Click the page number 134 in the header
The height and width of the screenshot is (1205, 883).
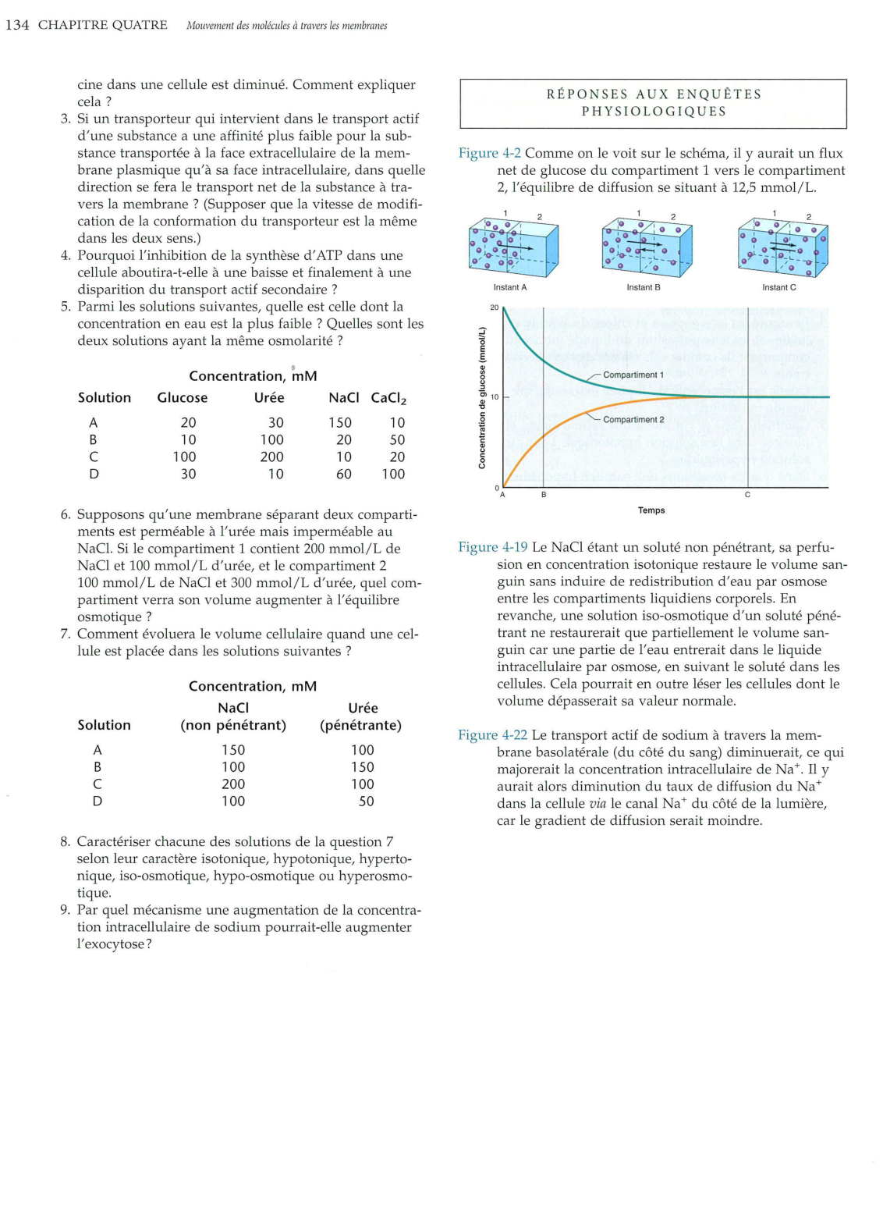click(x=17, y=25)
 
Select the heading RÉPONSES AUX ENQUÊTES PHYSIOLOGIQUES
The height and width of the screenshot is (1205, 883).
click(x=653, y=103)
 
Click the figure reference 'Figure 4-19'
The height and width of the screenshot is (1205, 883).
click(x=492, y=547)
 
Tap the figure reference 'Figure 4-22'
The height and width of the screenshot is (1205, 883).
click(x=492, y=735)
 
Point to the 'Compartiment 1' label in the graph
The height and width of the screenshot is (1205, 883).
click(x=633, y=375)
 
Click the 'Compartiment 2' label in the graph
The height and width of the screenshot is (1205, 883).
click(x=633, y=420)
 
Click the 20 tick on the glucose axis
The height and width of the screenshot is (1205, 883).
click(x=494, y=307)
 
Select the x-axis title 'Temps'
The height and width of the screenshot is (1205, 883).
click(x=651, y=510)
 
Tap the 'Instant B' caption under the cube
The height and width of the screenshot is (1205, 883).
click(x=643, y=287)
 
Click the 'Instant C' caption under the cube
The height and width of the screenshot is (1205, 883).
click(x=778, y=287)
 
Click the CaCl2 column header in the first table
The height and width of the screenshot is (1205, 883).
click(x=388, y=398)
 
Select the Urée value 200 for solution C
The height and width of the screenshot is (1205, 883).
click(x=271, y=457)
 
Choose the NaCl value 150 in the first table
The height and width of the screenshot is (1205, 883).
click(x=340, y=423)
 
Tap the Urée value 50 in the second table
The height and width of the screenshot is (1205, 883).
click(x=366, y=802)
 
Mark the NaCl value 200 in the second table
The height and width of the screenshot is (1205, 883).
click(x=233, y=784)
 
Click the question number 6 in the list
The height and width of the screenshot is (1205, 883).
click(x=66, y=514)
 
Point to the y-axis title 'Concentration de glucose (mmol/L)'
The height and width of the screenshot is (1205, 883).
click(x=482, y=397)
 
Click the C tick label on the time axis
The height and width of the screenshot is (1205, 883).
click(x=747, y=496)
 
